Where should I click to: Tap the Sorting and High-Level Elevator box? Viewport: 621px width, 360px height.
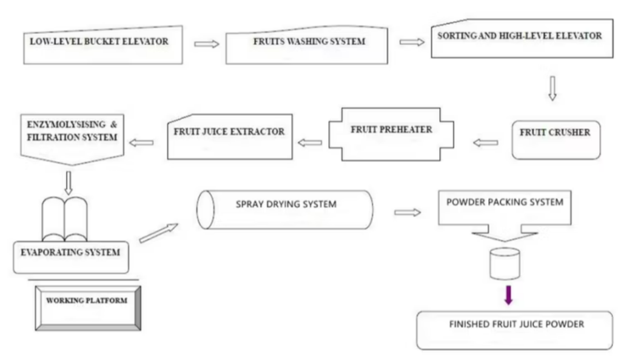point(519,40)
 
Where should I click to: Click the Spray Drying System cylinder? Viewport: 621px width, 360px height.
point(285,210)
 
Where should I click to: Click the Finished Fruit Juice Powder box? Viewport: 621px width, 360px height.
point(515,329)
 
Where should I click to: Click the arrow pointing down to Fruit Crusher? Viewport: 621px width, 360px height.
point(551,87)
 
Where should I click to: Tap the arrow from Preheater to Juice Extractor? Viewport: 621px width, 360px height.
point(310,143)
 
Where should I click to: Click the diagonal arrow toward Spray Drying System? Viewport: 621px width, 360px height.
point(159,233)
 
